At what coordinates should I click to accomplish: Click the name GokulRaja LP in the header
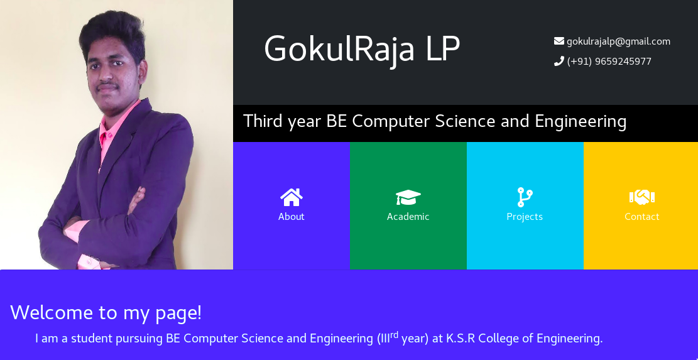coord(362,49)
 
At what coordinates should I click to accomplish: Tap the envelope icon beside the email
coord(559,41)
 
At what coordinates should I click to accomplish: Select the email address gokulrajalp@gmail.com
coord(618,41)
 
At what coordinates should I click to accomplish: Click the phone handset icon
coord(559,61)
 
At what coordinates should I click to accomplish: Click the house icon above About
coord(292,197)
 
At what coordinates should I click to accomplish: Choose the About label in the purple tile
coord(292,217)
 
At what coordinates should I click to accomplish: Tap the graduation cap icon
coord(408,197)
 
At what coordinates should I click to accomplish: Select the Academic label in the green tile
coord(408,217)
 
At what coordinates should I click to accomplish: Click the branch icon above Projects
coord(525,197)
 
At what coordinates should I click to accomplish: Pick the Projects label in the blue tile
coord(525,217)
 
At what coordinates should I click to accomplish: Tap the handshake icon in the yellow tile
coord(642,197)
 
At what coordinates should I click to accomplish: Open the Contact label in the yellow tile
coord(642,217)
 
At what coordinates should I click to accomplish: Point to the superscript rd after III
coord(395,334)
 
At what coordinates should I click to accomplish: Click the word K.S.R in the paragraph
coord(461,339)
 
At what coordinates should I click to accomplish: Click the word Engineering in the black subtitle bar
coord(581,121)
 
